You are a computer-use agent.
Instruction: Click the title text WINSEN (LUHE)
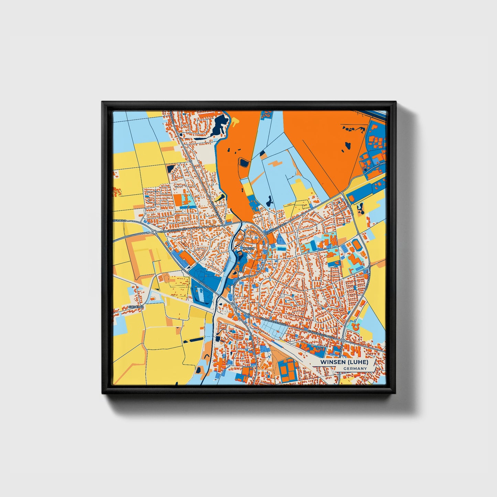pos(344,363)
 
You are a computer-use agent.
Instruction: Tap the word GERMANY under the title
pos(355,369)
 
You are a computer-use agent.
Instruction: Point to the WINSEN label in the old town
pos(249,248)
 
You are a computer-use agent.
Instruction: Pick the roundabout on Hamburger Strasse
pos(154,233)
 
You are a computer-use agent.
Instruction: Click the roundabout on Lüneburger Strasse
pos(343,340)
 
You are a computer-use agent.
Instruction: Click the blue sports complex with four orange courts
pos(288,370)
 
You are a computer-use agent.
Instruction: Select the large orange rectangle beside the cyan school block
pos(177,201)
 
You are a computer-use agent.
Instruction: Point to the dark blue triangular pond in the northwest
pos(171,168)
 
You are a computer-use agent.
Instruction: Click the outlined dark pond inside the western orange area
pos(244,162)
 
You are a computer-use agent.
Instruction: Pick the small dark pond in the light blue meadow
pos(269,201)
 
